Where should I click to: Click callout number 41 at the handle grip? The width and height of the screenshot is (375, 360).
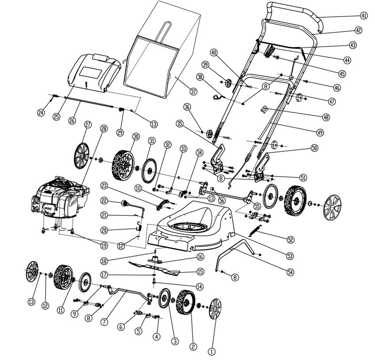point(364,15)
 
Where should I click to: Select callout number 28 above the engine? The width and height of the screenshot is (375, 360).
point(104,129)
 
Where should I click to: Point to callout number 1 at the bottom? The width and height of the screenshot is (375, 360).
point(211,351)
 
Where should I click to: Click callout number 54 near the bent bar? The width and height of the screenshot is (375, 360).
point(290,272)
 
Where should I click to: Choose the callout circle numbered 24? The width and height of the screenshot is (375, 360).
point(41,113)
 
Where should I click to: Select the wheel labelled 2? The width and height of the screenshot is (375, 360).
point(186,304)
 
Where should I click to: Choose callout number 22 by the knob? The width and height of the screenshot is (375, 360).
point(104,200)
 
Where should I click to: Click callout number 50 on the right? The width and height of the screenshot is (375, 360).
point(314,148)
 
